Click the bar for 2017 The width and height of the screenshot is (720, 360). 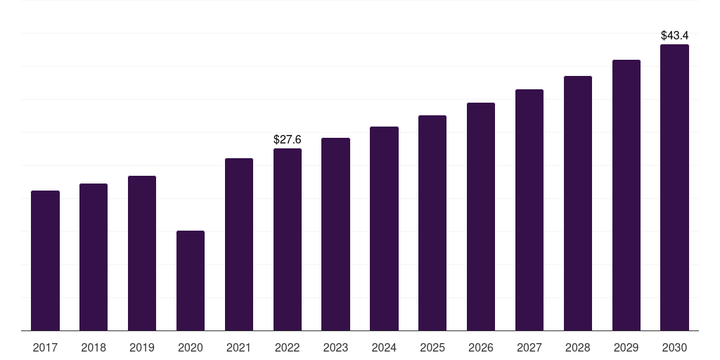tap(45, 260)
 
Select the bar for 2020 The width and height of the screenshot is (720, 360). tap(191, 281)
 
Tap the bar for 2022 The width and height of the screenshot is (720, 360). tap(288, 239)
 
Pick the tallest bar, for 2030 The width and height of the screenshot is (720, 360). tap(674, 187)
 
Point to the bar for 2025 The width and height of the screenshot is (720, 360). tap(432, 223)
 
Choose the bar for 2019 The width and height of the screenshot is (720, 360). tap(142, 253)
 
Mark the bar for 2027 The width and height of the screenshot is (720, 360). tap(529, 210)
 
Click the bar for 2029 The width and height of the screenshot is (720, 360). tap(626, 195)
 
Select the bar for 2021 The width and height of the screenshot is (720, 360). tap(239, 244)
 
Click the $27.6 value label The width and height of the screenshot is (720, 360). tap(288, 140)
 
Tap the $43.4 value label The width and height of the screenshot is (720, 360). tap(674, 35)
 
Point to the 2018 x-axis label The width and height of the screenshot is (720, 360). tap(94, 348)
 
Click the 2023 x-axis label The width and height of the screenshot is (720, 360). tap(335, 348)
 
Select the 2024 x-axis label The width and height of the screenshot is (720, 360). tap(384, 348)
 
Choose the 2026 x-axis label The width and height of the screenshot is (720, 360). tap(481, 348)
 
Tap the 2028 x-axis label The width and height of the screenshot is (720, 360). tap(578, 348)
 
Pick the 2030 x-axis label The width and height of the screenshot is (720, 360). tap(674, 348)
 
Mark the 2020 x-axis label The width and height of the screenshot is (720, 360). tap(191, 348)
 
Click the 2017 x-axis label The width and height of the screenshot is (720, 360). tap(45, 348)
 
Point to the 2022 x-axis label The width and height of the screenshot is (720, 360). tap(288, 348)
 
